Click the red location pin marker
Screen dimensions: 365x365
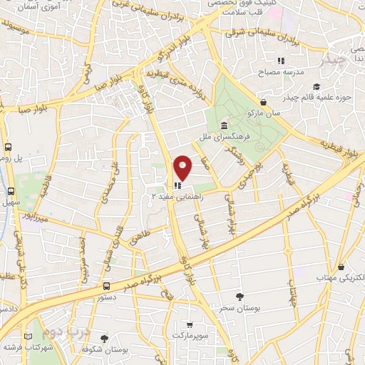coord(183,168)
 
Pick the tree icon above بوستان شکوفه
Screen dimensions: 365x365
coord(105,339)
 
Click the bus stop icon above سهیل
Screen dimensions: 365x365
coord(11,191)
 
